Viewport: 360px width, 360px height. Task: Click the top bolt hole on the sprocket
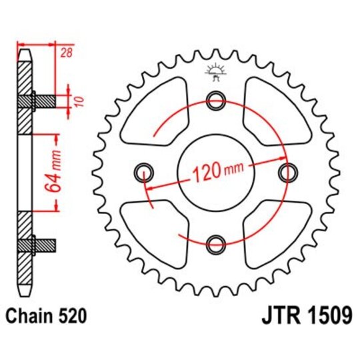pyautogui.click(x=215, y=101)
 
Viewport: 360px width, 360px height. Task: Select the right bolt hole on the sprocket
pyautogui.click(x=287, y=173)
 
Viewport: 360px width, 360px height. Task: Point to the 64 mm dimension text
pyautogui.click(x=57, y=173)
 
